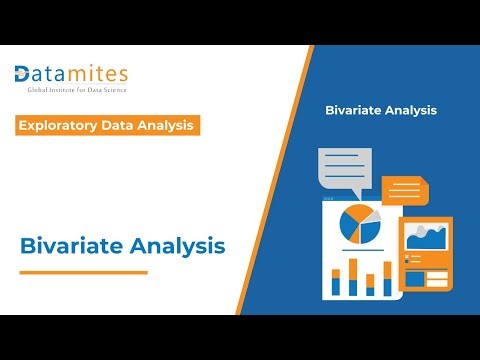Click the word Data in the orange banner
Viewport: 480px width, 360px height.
(128, 125)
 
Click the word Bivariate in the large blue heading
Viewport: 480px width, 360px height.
(67, 244)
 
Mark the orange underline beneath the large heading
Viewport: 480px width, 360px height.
(82, 272)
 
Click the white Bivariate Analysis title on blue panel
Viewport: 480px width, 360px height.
(381, 110)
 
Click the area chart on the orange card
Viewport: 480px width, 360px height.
(427, 238)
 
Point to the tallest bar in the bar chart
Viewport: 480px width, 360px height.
(353, 276)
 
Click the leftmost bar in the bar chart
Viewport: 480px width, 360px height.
(336, 282)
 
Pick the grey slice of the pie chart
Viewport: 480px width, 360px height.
(371, 215)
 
